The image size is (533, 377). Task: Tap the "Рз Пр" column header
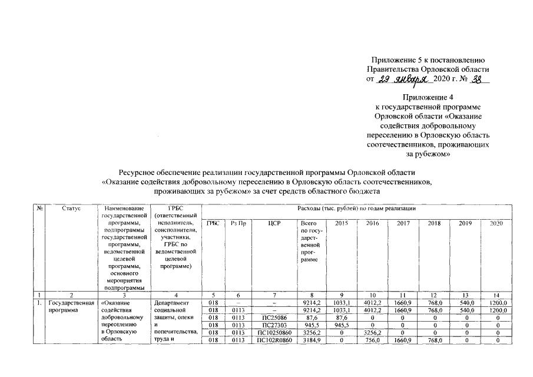[238, 224]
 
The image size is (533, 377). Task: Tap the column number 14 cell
[497, 294]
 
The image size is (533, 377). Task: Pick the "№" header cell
[39, 209]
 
